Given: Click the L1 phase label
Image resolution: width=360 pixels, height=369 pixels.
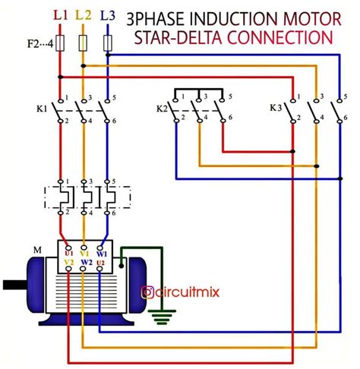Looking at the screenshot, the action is pos(61,15).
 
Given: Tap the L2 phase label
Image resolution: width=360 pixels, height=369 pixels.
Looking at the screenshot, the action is pos(84,15).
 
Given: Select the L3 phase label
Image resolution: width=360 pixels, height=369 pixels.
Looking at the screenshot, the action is pos(108,15).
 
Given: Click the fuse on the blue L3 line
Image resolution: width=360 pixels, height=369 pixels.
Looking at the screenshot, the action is pos(108,43).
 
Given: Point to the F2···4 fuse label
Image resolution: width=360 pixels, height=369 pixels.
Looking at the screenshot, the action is pos(40,44).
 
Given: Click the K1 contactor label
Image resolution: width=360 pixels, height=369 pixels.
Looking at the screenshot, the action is pos(42,109).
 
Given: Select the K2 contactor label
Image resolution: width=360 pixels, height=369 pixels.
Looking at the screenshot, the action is pos(162,109).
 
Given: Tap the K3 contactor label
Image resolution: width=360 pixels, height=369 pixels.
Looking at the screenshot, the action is pos(276,108).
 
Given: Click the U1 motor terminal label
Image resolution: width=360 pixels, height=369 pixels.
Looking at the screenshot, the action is pos(69,254).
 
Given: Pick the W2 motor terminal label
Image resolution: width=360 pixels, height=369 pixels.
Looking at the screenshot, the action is pos(87,263).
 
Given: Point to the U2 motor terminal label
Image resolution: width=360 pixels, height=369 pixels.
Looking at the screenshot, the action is pos(100,263).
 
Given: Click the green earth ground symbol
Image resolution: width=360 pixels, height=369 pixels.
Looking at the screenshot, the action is pos(162,317).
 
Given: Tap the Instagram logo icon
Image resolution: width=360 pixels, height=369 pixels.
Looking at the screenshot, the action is pos(147,292).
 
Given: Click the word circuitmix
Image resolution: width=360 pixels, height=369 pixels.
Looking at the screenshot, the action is pos(188,292).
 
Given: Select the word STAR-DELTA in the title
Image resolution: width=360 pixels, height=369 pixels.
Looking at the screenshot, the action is pos(178,38).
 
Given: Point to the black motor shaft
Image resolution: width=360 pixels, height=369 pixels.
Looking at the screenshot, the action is pos(15,285).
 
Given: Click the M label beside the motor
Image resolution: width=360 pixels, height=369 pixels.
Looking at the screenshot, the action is pos(37,250).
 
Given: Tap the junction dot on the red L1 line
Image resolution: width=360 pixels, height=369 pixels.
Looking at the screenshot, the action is pos(60,77).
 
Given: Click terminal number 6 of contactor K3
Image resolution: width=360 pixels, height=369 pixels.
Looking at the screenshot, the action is pos(346,118).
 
